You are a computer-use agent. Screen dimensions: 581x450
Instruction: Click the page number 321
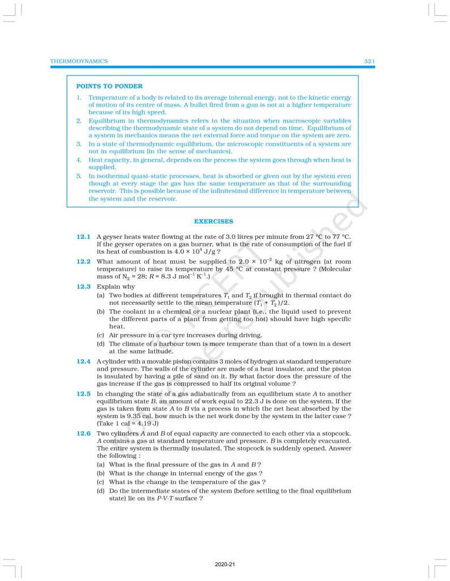tap(369, 61)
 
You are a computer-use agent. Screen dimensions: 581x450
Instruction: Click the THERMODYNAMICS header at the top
tap(79, 61)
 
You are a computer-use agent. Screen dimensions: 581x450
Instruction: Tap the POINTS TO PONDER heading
tap(109, 86)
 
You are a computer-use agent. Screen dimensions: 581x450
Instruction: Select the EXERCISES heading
tap(213, 221)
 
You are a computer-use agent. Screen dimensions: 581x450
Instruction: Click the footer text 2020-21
tap(225, 565)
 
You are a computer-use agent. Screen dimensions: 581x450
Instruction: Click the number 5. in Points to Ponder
tap(79, 176)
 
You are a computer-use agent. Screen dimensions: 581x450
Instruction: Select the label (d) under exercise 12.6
tap(101, 491)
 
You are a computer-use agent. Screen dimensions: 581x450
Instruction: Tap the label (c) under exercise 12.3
tap(101, 335)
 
